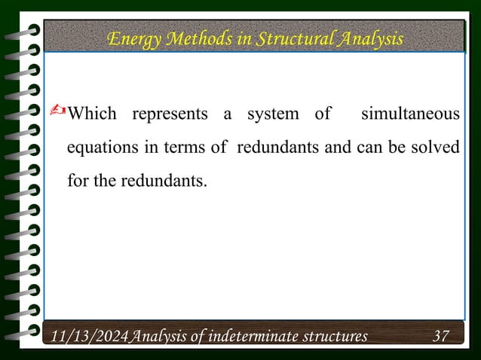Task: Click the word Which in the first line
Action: point(92,114)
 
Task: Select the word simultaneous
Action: point(410,114)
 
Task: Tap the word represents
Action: point(170,114)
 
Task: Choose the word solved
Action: point(437,148)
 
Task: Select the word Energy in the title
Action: point(133,38)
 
